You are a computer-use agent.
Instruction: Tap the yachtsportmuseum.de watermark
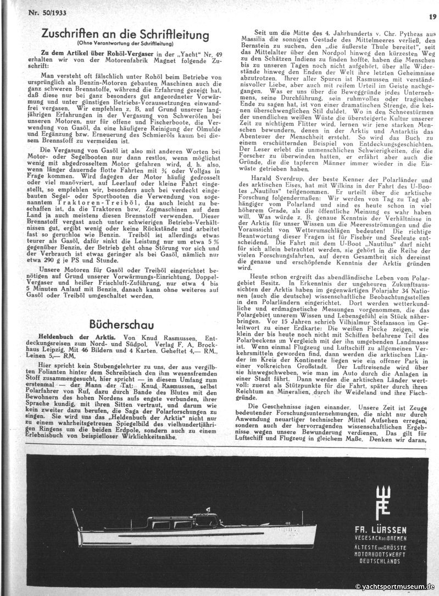(395, 587)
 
